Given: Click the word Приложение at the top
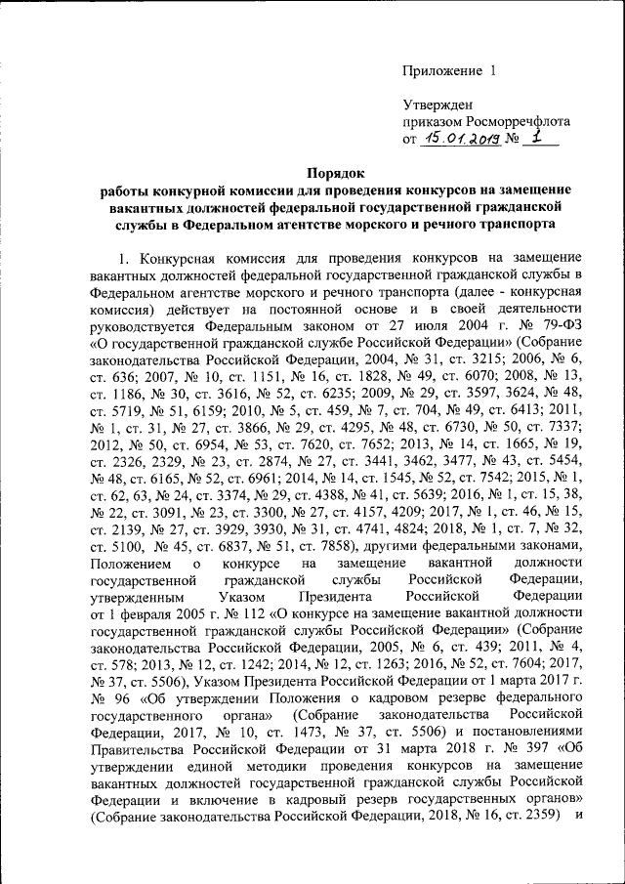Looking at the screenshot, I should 443,70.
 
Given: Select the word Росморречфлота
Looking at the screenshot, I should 506,121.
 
